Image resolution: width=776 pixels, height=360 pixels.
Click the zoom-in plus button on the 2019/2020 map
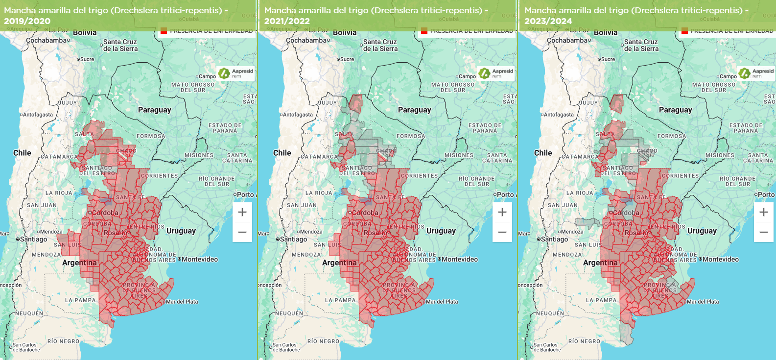coord(242,212)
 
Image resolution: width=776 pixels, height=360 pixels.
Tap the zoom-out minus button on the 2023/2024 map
coord(764,232)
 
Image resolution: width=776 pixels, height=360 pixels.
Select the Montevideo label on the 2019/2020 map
coord(200,259)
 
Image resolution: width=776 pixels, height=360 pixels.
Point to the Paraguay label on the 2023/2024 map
coord(675,110)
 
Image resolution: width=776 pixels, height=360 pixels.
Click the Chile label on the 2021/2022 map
coord(282,153)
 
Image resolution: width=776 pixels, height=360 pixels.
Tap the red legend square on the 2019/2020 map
coord(164,31)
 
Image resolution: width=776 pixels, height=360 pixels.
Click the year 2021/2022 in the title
coord(287,21)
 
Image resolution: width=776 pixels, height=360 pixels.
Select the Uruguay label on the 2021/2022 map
coord(441,231)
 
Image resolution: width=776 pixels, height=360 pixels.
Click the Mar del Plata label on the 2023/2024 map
coord(703,302)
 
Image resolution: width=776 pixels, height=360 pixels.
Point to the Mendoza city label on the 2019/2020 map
coord(51,232)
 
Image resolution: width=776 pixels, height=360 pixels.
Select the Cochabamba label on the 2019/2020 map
coord(47,40)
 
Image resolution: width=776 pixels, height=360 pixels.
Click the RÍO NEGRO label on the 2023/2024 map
coord(584,341)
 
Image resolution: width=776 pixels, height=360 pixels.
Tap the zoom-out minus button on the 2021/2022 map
coord(502,232)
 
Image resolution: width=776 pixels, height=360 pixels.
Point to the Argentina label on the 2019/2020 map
coord(79,263)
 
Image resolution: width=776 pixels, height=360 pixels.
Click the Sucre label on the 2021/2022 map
coord(347,59)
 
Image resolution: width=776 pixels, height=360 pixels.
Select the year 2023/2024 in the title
coord(548,21)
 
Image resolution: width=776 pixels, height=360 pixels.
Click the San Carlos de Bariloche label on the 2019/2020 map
coord(26,347)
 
